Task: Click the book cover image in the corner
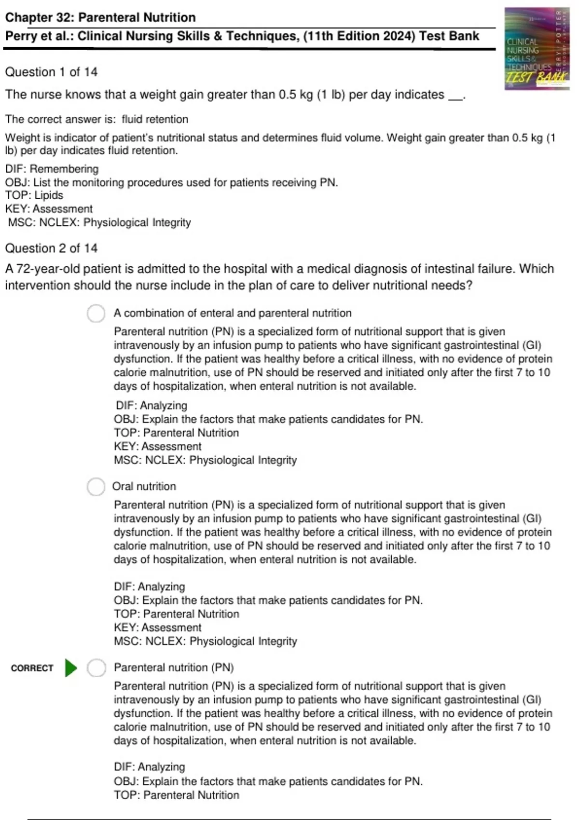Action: [x=537, y=48]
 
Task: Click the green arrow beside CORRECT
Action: [x=71, y=668]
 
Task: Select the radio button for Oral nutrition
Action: [x=96, y=486]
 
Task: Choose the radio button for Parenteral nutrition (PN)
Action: [x=96, y=668]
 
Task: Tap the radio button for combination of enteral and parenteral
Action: [x=96, y=313]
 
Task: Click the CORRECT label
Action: [x=32, y=668]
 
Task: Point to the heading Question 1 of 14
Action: [x=51, y=72]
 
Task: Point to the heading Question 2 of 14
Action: [x=51, y=248]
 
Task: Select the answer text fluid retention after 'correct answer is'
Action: [x=155, y=119]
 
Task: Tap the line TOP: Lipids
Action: [x=34, y=195]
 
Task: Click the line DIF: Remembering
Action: [x=52, y=169]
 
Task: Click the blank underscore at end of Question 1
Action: [x=455, y=96]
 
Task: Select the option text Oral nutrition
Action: [x=144, y=486]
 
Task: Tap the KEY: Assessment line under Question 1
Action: [x=49, y=208]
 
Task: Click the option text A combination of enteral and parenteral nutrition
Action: [x=233, y=313]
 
